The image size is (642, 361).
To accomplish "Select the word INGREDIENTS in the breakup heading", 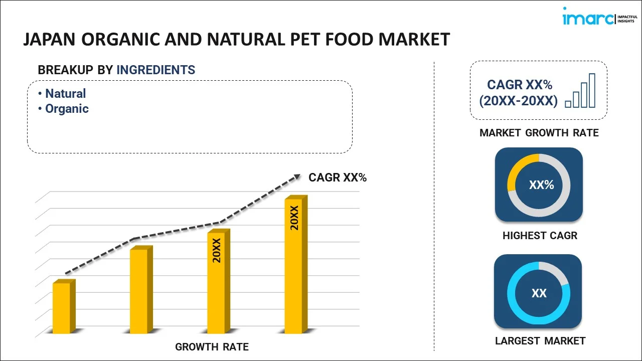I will (155, 70).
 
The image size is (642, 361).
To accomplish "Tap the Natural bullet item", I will (65, 94).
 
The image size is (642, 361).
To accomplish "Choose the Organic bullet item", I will (67, 109).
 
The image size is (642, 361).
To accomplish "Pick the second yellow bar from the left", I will (139, 290).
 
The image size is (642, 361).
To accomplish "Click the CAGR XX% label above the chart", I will (338, 177).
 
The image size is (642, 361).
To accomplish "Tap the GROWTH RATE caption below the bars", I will (212, 346).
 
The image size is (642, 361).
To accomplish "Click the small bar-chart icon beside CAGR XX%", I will (580, 91).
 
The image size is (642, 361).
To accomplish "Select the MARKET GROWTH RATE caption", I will (539, 133).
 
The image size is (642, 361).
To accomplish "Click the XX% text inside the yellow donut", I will (541, 185).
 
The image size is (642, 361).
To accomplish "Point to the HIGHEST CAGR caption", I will (540, 236).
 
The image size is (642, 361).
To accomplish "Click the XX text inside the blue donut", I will (539, 293).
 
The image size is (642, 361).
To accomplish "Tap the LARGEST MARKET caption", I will (540, 341).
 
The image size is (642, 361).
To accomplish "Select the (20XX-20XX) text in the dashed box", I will (518, 101).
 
